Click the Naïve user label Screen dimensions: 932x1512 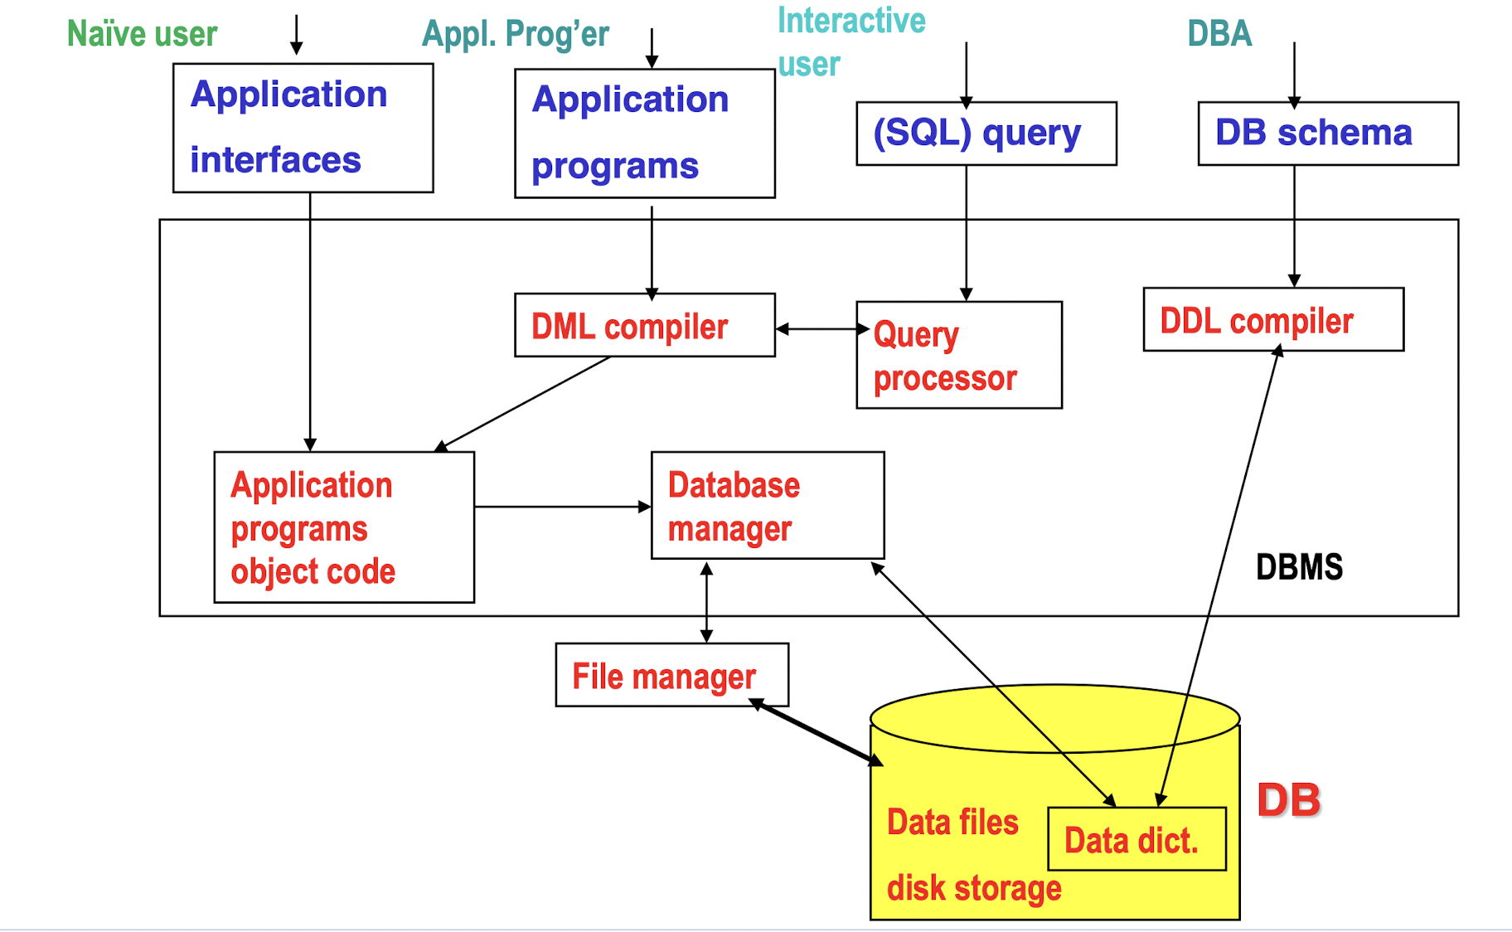point(142,34)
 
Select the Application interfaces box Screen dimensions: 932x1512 point(303,128)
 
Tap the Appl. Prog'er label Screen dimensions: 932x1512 point(515,34)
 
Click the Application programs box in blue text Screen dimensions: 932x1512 point(644,133)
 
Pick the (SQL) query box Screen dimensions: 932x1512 point(986,133)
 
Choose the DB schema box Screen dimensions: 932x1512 point(1327,133)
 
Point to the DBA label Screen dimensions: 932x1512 point(1219,34)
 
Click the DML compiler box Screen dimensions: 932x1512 point(644,325)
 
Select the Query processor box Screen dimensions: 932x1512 point(958,355)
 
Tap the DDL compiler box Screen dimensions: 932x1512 point(1272,319)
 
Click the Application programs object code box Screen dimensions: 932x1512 point(343,527)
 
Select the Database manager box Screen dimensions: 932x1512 point(767,505)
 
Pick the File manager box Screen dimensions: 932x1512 point(671,675)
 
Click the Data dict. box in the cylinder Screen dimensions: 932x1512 point(1136,839)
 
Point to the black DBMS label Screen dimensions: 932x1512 point(1298,567)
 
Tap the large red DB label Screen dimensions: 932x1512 point(1288,800)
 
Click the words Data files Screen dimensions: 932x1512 point(952,823)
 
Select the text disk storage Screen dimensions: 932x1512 point(973,888)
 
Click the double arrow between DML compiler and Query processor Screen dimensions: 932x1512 point(816,329)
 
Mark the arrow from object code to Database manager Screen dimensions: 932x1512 point(562,506)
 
